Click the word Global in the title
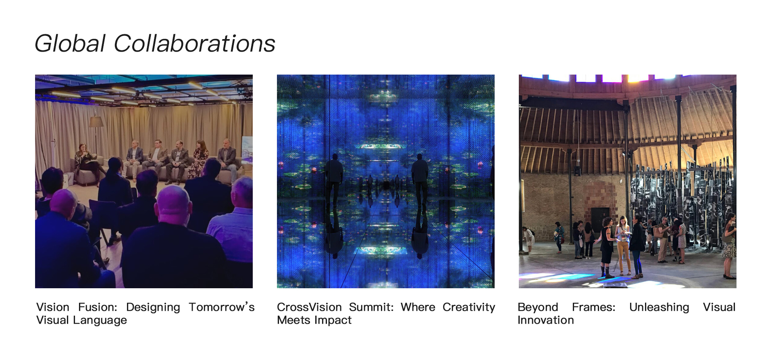point(70,44)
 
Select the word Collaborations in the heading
point(194,44)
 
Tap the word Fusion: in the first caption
point(98,307)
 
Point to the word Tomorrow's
point(222,307)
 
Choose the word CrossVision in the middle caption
point(309,307)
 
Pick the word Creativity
point(469,308)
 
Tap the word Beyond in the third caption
point(538,308)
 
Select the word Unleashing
point(659,308)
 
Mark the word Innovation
point(545,320)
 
